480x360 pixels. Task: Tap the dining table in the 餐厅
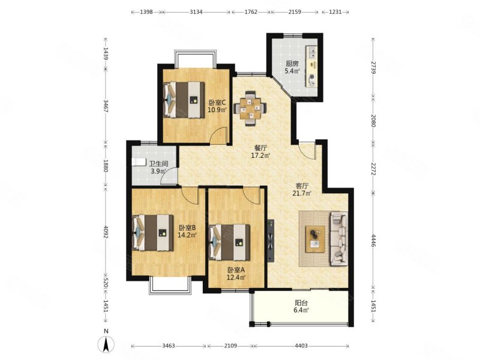250,108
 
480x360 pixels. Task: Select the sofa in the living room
338,238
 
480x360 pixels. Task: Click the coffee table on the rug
316,239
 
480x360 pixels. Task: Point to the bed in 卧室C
184,100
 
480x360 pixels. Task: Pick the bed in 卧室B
152,233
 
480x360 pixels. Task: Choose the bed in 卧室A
229,242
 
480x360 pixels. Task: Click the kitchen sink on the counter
312,53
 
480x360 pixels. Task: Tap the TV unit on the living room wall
271,241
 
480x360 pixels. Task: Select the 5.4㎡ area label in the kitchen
292,71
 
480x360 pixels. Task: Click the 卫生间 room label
158,164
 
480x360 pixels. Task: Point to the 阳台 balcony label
301,303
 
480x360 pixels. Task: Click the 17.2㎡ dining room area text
260,155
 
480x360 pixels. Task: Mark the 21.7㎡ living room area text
302,193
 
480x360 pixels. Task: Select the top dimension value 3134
196,12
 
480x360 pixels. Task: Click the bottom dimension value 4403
301,346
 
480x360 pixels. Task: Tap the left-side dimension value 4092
106,232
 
